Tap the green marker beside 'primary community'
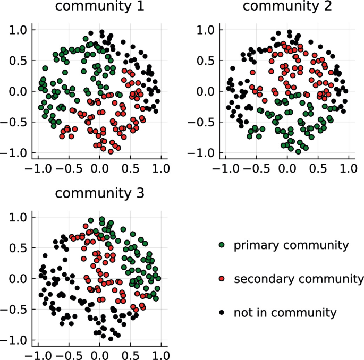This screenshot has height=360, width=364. pos(222,245)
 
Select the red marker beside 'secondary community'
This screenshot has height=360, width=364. pos(222,279)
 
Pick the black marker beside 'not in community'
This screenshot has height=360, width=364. pos(222,313)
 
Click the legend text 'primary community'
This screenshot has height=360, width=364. pos(291,245)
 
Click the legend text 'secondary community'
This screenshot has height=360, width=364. pos(299,279)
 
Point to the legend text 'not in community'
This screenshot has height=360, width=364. pos(285,313)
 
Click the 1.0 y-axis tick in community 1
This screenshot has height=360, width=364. pos(19,30)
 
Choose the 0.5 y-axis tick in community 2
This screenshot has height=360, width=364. pos(207,61)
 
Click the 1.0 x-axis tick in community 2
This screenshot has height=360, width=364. pos(349,169)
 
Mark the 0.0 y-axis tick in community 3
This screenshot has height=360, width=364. pos(19,279)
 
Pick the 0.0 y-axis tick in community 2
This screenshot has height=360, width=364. pos(207,91)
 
